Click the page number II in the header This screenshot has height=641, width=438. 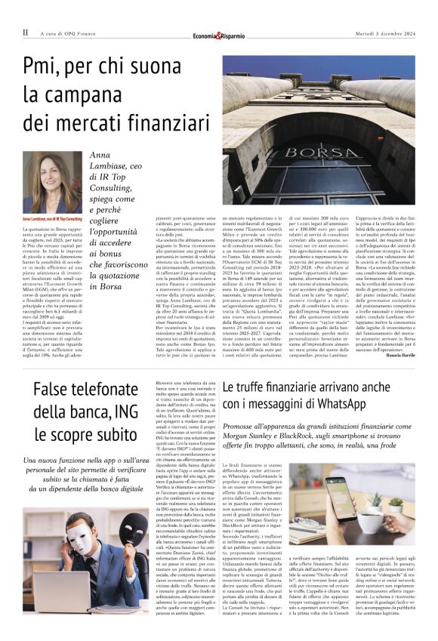tap(25, 33)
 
